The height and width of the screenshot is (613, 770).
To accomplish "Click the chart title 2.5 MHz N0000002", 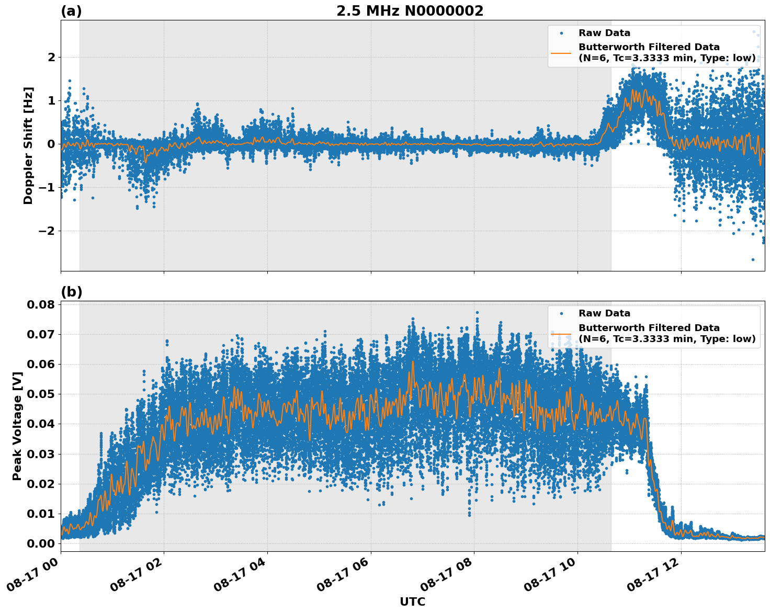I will (x=410, y=11).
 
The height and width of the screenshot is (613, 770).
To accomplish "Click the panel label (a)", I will (x=71, y=11).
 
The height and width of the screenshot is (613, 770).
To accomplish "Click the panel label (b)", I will (x=71, y=292).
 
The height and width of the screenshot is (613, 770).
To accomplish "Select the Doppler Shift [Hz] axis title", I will (x=28, y=145).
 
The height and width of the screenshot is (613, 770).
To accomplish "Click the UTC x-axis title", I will (x=412, y=601).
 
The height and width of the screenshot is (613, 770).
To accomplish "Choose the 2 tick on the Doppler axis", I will (x=51, y=57).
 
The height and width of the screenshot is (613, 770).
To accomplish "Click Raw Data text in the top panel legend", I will (x=604, y=33).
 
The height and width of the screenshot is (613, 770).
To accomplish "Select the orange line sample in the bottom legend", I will (x=561, y=333).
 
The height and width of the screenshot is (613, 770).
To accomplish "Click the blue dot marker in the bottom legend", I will (x=561, y=313).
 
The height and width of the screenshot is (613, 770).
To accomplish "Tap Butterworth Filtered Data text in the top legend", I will (x=649, y=47).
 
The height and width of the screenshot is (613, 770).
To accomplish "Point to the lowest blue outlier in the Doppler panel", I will (x=753, y=259).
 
